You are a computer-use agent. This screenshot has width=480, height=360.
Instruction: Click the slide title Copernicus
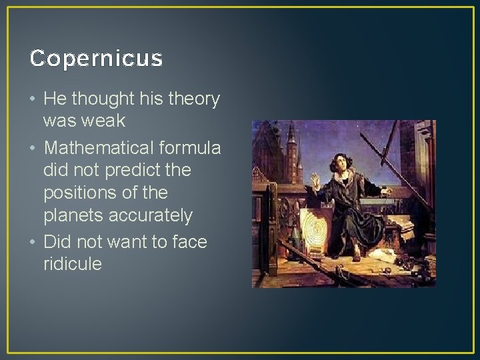click(x=96, y=59)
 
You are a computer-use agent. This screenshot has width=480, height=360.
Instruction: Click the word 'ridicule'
click(x=72, y=264)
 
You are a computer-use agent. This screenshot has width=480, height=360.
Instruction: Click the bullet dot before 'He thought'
click(x=33, y=99)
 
